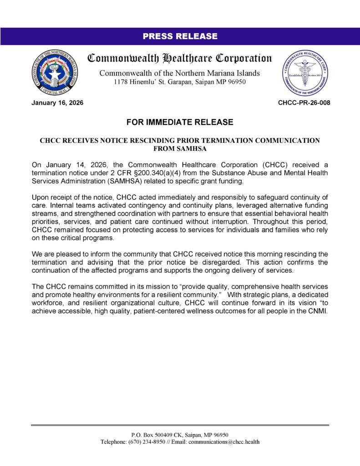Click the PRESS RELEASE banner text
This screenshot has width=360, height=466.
coord(180,36)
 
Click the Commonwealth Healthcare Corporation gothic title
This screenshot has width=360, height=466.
coord(180,59)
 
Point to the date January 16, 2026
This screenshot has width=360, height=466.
coord(57,103)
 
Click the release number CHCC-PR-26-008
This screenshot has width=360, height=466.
coord(304,103)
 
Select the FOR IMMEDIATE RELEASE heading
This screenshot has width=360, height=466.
coord(180,122)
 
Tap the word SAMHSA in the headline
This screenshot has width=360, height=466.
coord(180,148)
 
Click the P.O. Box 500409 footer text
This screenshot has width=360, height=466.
coord(153,435)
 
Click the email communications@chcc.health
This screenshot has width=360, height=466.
coord(224,442)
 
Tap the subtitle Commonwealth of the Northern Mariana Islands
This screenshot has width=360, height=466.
coord(180,73)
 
